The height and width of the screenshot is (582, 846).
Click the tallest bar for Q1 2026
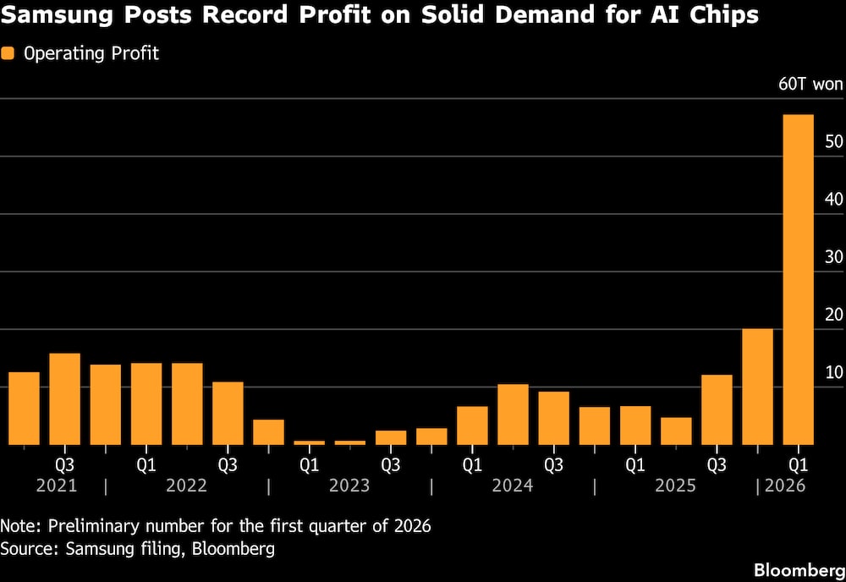798,279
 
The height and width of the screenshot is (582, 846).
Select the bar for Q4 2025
757,387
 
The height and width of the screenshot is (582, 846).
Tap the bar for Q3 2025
717,409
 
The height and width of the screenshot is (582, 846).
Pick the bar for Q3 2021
64,398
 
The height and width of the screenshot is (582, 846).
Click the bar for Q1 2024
472,426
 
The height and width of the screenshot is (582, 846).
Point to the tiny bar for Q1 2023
309,442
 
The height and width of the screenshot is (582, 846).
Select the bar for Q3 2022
228,413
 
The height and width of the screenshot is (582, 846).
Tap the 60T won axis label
810,84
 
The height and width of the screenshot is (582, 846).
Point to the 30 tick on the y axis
832,256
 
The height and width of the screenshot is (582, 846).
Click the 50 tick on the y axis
832,141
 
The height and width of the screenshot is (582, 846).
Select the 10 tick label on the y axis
832,372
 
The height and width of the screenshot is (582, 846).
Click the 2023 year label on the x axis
349,486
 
